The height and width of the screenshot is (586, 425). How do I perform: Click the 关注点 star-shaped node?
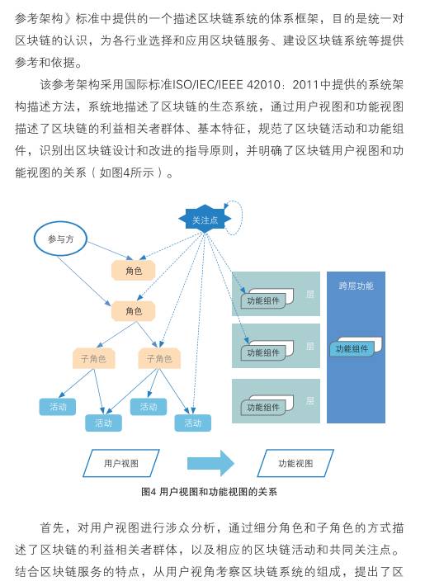click(205, 220)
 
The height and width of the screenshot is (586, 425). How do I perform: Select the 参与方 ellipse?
click(60, 239)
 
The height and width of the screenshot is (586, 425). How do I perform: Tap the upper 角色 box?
click(134, 270)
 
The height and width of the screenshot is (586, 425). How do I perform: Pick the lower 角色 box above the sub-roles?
click(134, 311)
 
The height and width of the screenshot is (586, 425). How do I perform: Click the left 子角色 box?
click(93, 358)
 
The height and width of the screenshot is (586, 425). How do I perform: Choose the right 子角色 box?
click(159, 358)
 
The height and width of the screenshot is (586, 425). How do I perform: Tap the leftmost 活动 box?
click(58, 407)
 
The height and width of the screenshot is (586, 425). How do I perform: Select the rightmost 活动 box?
click(193, 423)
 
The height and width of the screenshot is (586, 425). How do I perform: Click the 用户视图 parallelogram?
click(121, 463)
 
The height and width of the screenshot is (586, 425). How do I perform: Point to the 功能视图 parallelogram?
click(295, 463)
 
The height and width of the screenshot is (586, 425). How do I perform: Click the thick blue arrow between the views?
click(210, 463)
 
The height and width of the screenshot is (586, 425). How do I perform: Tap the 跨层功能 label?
click(356, 286)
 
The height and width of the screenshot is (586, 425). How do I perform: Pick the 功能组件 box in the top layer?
click(267, 298)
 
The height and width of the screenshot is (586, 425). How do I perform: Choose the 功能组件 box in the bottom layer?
click(267, 404)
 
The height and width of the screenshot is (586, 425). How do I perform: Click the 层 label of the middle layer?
click(310, 346)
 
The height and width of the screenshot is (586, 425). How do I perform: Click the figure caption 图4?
click(149, 491)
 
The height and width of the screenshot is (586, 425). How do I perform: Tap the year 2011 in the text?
click(305, 85)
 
